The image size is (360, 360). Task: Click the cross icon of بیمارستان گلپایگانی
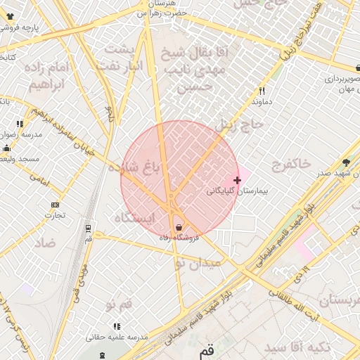[238, 181]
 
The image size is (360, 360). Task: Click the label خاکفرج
[290, 163]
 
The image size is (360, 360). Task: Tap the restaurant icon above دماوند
[262, 90]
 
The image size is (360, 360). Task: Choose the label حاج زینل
[238, 124]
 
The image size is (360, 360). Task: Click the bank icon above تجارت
[55, 205]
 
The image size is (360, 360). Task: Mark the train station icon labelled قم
[88, 229]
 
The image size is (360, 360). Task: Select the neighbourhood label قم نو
[118, 304]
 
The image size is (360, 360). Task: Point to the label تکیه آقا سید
[296, 348]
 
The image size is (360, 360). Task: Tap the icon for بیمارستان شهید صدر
[345, 162]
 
